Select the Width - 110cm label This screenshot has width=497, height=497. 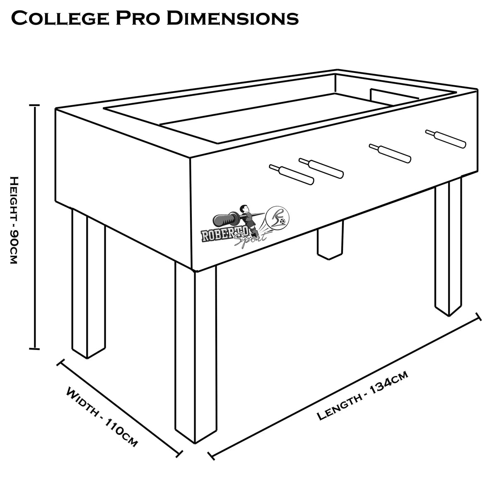(101, 417)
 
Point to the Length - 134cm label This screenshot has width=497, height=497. (363, 396)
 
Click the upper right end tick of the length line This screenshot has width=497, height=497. (479, 316)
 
